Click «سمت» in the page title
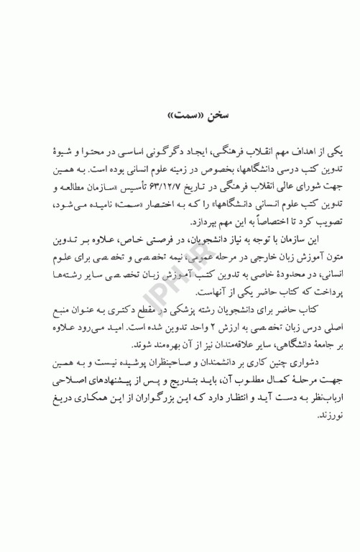click(173, 115)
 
